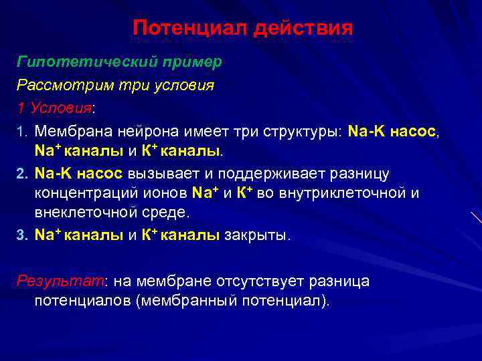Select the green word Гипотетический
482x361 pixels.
point(83,62)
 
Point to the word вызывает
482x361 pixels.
point(163,174)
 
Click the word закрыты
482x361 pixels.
point(258,235)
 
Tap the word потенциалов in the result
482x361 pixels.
point(82,300)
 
